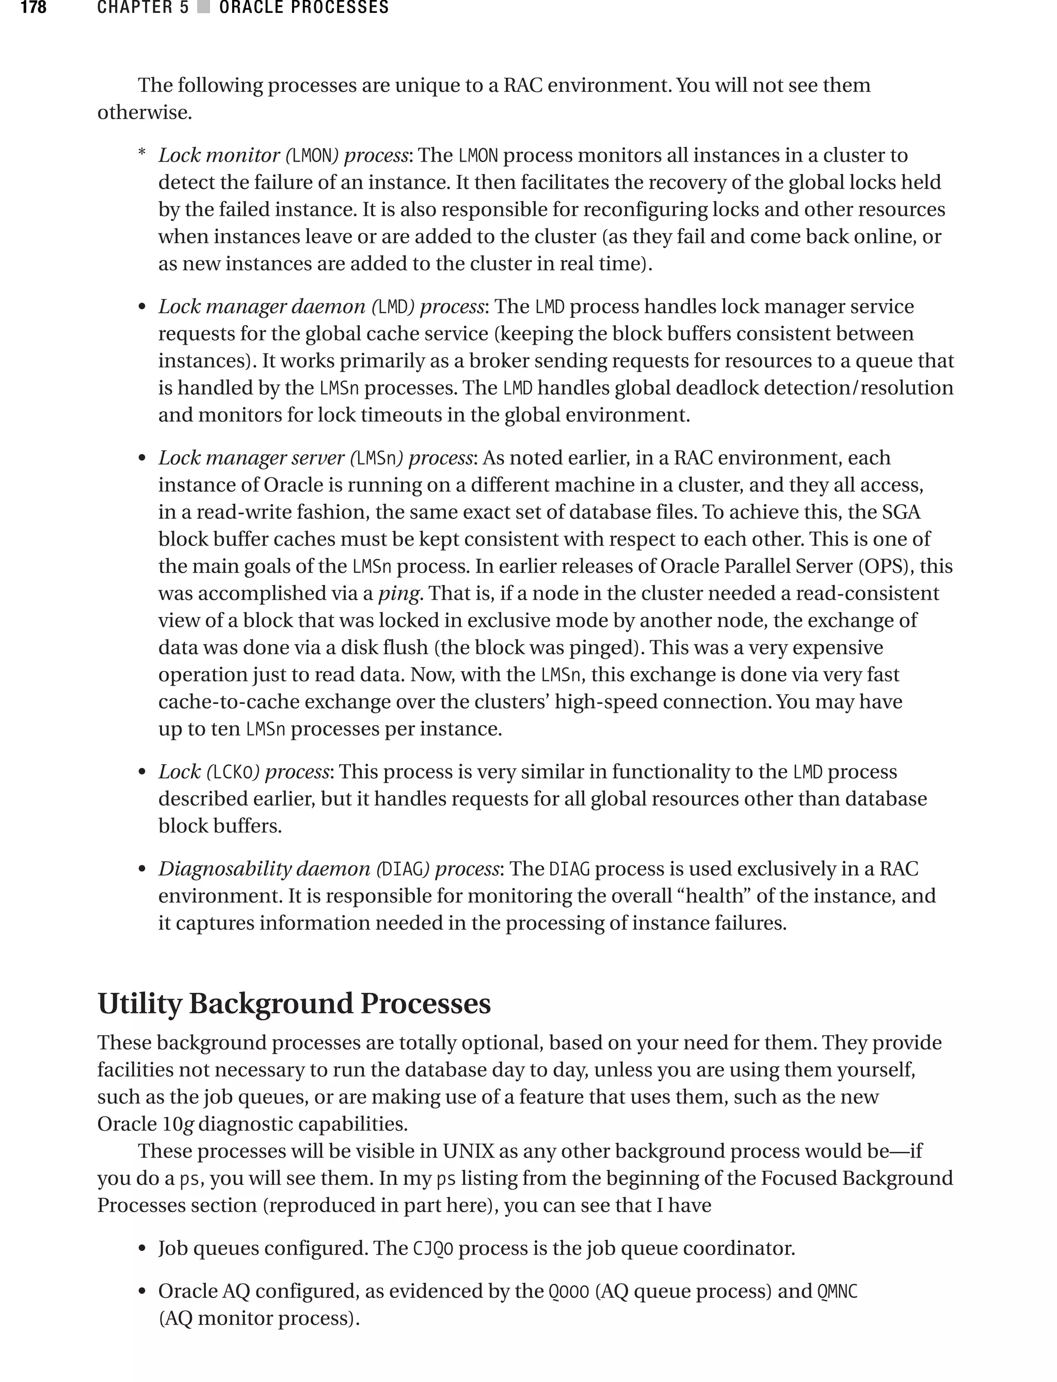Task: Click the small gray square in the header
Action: pyautogui.click(x=203, y=8)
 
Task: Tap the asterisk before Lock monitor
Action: pyautogui.click(x=142, y=153)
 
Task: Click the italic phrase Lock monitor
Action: pyautogui.click(x=218, y=155)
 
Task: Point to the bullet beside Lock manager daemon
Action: pyautogui.click(x=142, y=308)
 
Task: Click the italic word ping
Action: pyautogui.click(x=398, y=593)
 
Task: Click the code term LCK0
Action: pyautogui.click(x=232, y=772)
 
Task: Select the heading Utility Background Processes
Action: pyautogui.click(x=294, y=1003)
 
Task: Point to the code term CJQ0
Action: pyautogui.click(x=433, y=1248)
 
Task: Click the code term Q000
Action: pyautogui.click(x=569, y=1291)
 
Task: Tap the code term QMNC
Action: pyautogui.click(x=838, y=1291)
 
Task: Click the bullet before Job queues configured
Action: pyautogui.click(x=142, y=1249)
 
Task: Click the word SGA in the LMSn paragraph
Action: pyautogui.click(x=901, y=512)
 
